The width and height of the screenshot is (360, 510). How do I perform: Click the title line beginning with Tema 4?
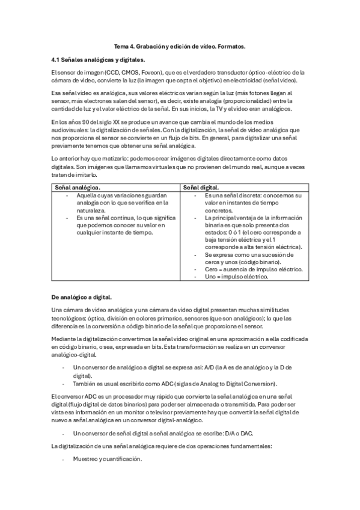(x=180, y=46)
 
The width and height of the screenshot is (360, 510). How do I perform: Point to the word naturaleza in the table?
(x=91, y=211)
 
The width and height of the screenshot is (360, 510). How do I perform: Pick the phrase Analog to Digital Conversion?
(x=239, y=384)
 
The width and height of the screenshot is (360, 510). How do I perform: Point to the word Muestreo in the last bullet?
(x=85, y=459)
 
